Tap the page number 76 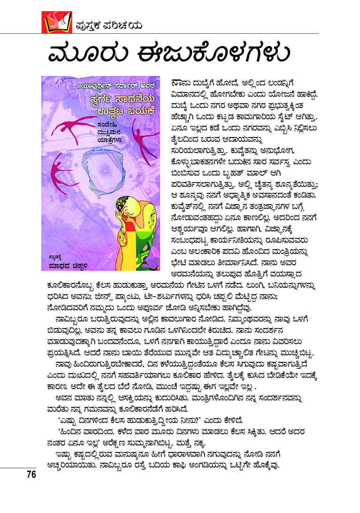coord(31,475)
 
